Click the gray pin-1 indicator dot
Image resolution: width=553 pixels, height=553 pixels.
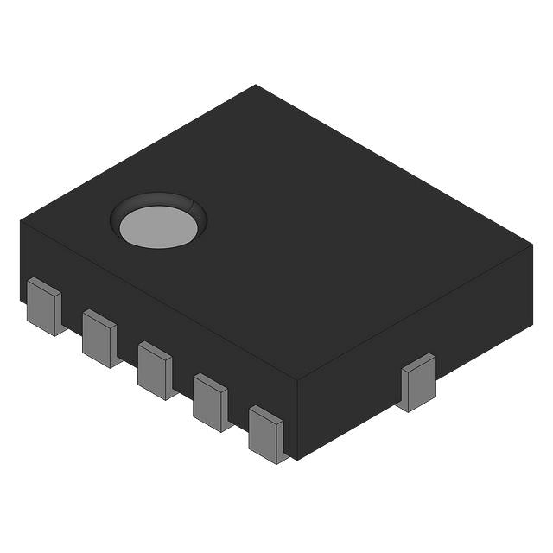pos(158,226)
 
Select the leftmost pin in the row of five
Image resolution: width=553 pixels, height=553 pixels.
pos(43,307)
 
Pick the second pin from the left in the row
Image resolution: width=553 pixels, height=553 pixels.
pos(99,338)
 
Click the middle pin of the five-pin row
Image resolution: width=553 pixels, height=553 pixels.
pos(155,370)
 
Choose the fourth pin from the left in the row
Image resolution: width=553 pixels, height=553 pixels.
pos(210,402)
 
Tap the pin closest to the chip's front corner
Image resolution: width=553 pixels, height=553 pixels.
pos(266,435)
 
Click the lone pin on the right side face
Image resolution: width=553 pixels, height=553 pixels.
pos(418,382)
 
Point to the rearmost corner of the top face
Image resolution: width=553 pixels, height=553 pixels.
pos(256,85)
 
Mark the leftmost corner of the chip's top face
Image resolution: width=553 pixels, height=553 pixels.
pos(21,221)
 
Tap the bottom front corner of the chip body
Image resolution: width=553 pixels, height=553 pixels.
pos(296,459)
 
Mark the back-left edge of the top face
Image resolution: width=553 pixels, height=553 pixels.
pos(138,153)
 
